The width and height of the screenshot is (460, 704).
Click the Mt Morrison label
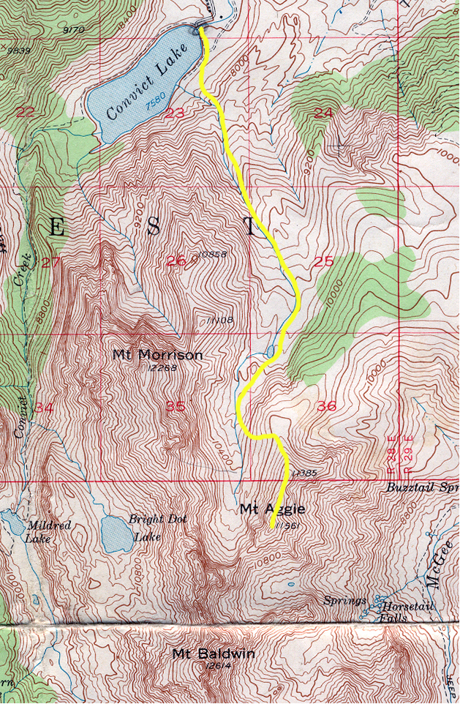157,355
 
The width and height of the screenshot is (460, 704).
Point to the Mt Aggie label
270,508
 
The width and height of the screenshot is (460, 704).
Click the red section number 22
26,112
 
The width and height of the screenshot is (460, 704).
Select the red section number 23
175,113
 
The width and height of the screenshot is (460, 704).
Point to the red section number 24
323,112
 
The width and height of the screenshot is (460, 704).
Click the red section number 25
323,261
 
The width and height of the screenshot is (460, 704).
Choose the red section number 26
175,261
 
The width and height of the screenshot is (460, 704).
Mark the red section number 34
44,407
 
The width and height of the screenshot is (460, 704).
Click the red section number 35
176,407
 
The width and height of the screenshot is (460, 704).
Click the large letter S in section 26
154,228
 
